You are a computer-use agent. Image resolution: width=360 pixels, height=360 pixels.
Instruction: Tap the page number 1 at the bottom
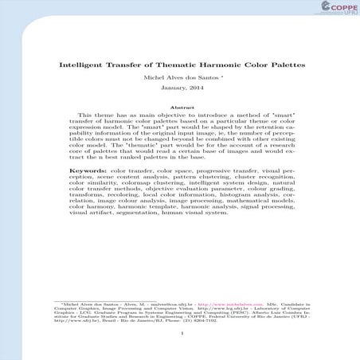(x=182, y=333)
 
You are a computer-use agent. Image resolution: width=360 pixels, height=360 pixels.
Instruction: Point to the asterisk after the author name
(x=221, y=78)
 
